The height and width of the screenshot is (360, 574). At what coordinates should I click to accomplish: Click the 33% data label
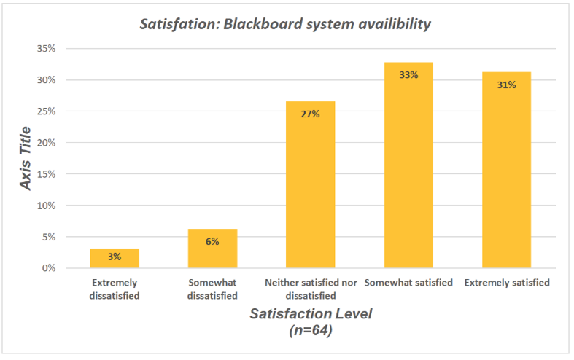(x=408, y=74)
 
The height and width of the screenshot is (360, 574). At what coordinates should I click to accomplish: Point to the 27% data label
(x=310, y=114)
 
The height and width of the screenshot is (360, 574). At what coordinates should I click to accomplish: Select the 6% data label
(x=212, y=241)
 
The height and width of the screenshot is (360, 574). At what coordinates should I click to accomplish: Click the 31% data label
(x=506, y=85)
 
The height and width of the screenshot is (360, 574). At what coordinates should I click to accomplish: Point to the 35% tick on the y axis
(x=46, y=49)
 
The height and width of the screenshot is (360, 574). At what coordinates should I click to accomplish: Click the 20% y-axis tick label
(x=46, y=143)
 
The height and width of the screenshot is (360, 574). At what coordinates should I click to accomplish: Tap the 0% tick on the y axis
(x=48, y=268)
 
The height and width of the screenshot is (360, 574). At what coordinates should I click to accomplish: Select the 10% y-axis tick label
(x=46, y=206)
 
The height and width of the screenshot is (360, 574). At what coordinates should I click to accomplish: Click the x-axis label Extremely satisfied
(x=506, y=283)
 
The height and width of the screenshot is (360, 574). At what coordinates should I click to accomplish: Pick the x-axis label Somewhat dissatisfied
(x=212, y=289)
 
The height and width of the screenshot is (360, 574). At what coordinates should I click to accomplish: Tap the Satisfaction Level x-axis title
(x=310, y=314)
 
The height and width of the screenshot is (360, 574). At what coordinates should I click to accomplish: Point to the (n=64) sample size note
(x=310, y=329)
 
